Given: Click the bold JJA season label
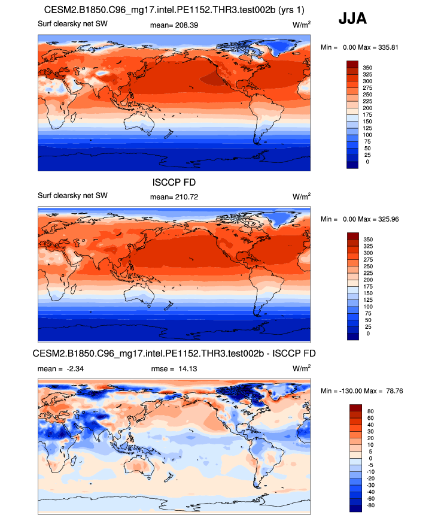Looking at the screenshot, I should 352,19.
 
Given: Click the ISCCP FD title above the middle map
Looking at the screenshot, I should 174,182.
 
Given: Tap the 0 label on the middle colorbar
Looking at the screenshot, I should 368,334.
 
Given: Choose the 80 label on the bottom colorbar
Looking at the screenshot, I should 370,411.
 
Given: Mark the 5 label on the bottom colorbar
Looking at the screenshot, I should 369,451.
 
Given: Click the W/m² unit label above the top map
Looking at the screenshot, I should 302,25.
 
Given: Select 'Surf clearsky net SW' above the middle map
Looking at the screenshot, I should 72,196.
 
